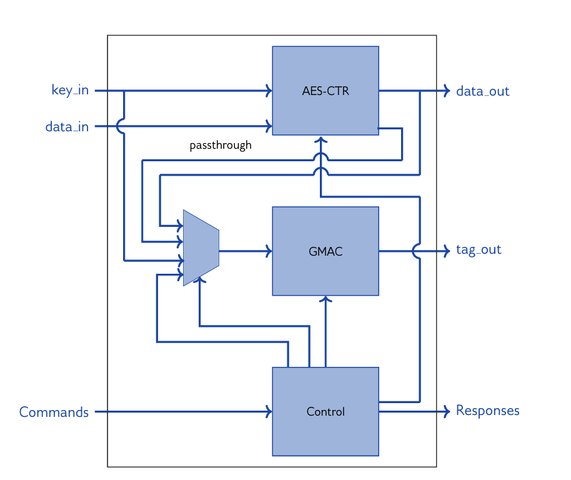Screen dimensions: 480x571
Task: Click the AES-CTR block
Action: (325, 91)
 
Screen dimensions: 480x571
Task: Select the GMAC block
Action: (325, 251)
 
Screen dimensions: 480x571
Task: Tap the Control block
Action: (325, 411)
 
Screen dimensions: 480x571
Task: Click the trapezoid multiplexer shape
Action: (201, 248)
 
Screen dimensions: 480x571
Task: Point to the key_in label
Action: (69, 91)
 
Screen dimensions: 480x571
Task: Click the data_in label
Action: (67, 127)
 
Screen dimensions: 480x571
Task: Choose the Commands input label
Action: (54, 412)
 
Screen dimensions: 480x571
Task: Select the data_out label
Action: (482, 91)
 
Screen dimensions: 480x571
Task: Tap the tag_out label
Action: (479, 250)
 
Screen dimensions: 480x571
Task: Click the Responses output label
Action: (487, 411)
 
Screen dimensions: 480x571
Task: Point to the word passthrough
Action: (221, 145)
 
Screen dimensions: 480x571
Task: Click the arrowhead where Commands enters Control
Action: (269, 412)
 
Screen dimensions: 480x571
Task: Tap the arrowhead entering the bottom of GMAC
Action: (325, 299)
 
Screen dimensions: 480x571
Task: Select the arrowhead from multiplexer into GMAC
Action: (269, 251)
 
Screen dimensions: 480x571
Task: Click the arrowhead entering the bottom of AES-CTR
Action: (320, 139)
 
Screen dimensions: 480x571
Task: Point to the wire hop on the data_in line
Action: (121, 127)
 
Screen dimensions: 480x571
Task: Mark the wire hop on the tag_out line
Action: (417, 251)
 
